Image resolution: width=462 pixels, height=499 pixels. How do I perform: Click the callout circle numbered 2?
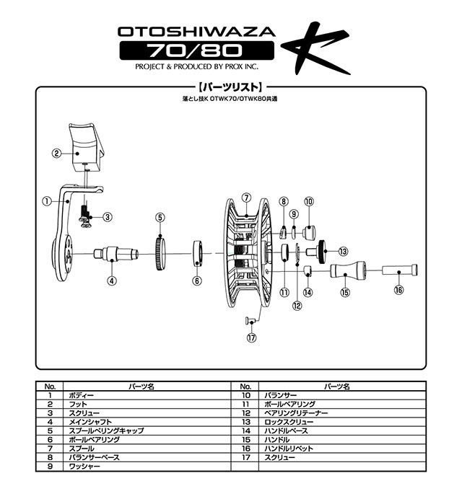click(x=56, y=153)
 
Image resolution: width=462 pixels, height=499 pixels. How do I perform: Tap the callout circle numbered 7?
click(x=245, y=197)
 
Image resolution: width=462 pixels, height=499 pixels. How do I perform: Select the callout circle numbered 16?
click(x=399, y=290)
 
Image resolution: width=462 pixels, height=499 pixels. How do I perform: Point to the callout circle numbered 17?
click(x=251, y=337)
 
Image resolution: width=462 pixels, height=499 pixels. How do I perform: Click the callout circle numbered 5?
click(x=160, y=216)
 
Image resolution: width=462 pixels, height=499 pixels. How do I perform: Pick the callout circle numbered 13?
click(x=342, y=251)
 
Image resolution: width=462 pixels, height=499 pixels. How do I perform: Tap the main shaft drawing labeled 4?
click(x=115, y=255)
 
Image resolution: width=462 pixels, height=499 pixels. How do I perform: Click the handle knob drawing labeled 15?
click(x=346, y=273)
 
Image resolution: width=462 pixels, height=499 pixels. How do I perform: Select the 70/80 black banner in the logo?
click(x=196, y=50)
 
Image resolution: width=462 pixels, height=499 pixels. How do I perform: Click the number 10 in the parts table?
click(x=246, y=395)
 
